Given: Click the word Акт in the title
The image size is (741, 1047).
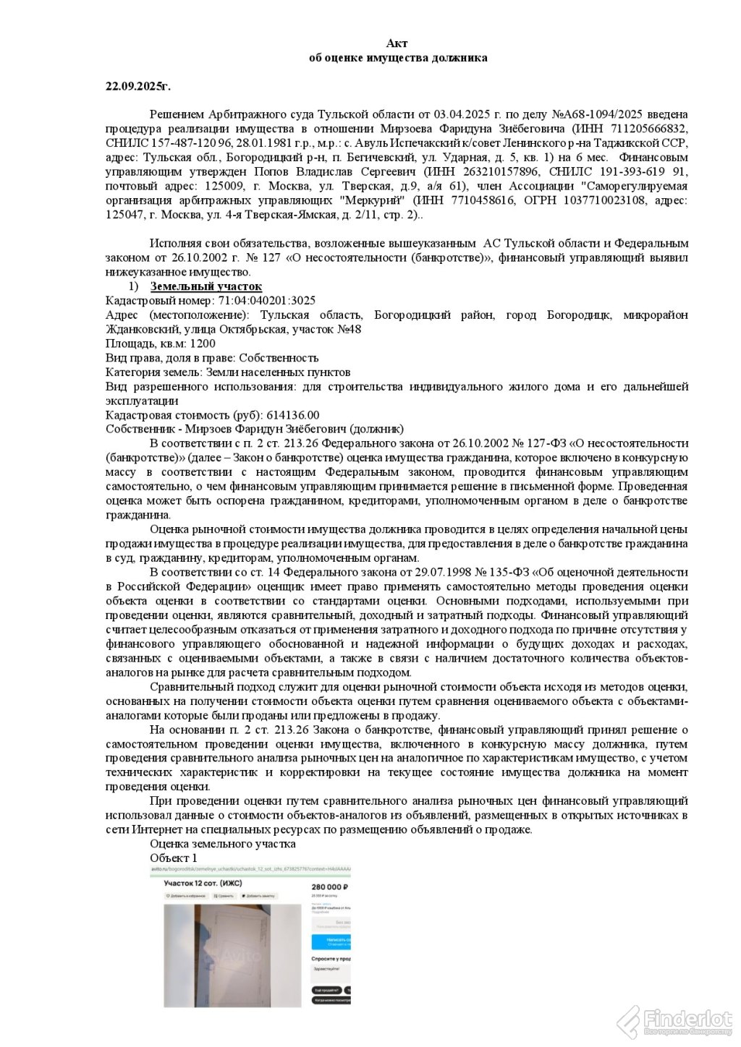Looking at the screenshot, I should [397, 44].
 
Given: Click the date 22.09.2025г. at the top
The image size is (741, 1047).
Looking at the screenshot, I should [138, 86].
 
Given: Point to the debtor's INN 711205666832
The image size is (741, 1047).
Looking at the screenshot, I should [647, 129].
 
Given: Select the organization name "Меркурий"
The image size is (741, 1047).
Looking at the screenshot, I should [375, 200].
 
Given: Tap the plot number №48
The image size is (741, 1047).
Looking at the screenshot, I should [348, 330].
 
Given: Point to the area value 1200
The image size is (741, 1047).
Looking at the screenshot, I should [203, 343].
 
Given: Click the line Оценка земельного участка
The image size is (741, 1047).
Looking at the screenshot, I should [223, 844].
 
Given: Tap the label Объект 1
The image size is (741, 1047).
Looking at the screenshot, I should [174, 858].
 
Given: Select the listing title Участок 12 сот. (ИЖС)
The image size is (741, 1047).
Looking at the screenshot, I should [203, 884].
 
